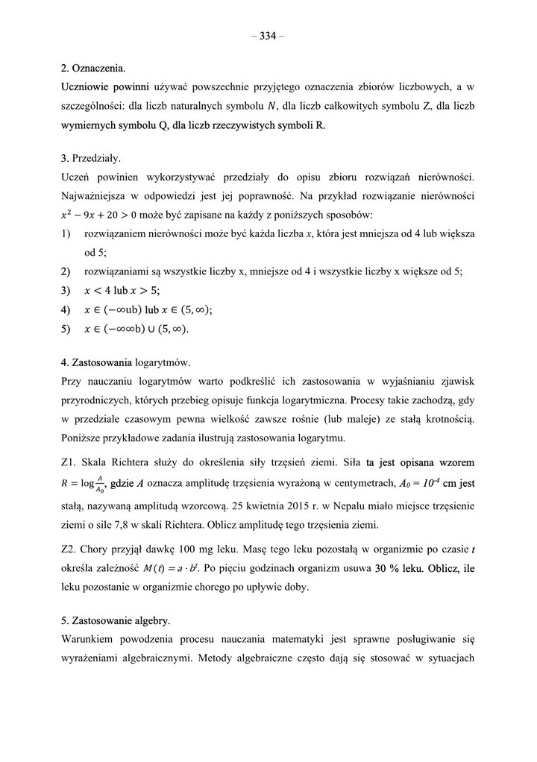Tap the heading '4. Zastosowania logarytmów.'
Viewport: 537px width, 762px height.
point(125,363)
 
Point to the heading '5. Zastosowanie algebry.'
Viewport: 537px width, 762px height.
point(116,620)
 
